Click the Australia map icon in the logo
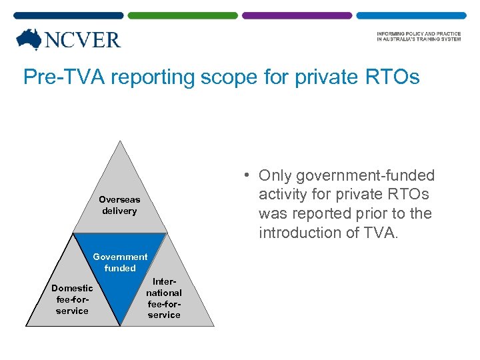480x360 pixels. coord(29,40)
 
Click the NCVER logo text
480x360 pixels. coord(82,41)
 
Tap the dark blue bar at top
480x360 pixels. coord(68,15)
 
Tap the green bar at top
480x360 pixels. coord(183,15)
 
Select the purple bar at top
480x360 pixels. coord(297,15)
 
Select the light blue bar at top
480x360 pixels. coord(411,15)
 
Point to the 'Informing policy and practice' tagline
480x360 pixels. coord(418,37)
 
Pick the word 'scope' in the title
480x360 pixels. coord(227,77)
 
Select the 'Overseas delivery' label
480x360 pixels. coord(119,205)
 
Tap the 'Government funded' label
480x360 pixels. coord(120,262)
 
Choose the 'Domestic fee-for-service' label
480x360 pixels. coord(72,299)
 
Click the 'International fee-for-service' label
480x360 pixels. coord(164,298)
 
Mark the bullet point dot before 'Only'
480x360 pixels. coord(247,175)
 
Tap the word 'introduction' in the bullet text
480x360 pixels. coord(299,233)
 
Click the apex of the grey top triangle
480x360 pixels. coord(119,141)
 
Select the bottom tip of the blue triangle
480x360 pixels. coord(120,325)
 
